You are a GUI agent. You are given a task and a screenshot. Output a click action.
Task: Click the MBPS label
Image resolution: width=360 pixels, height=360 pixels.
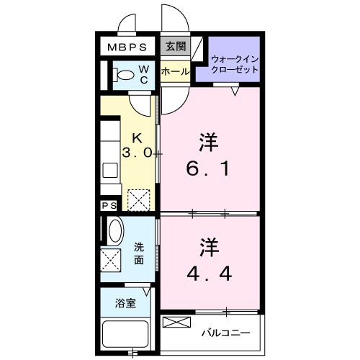tap(128, 48)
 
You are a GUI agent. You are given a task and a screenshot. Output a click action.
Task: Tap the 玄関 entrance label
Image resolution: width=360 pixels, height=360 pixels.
tap(175, 47)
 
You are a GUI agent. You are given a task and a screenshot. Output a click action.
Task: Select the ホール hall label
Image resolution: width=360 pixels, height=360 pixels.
tap(175, 72)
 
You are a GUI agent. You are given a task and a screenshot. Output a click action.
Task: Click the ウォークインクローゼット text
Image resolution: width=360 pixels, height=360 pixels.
tap(235, 63)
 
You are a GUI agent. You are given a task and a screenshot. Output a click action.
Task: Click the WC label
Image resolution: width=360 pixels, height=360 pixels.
tap(144, 73)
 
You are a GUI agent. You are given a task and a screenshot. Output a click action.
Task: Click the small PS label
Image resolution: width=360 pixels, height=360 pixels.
tap(109, 206)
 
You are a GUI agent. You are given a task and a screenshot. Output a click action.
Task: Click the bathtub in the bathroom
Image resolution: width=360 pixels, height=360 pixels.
tap(125, 335)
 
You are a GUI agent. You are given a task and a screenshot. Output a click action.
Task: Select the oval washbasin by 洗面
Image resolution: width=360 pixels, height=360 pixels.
tap(115, 231)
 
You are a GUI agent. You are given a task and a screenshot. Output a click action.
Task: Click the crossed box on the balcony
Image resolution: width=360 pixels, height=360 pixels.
tap(177, 323)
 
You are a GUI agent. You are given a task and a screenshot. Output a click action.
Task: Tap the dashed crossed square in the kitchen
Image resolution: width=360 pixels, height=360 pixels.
tap(138, 199)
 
